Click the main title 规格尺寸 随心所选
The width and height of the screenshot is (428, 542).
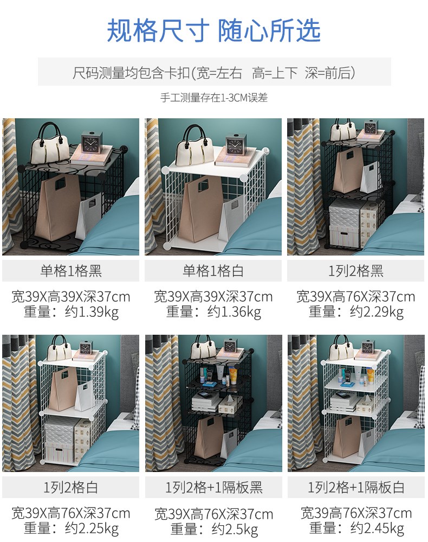pyautogui.click(x=213, y=30)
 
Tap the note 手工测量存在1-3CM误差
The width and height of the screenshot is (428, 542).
pyautogui.click(x=214, y=98)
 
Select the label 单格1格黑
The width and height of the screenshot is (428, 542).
pyautogui.click(x=71, y=271)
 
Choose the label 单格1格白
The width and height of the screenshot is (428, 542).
pyautogui.click(x=213, y=271)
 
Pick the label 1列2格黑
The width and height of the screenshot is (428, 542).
pyautogui.click(x=356, y=271)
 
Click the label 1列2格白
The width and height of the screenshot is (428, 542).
pyautogui.click(x=71, y=487)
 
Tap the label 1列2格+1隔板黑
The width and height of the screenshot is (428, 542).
pyautogui.click(x=214, y=487)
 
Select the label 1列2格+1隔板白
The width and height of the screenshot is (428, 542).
pyautogui.click(x=356, y=487)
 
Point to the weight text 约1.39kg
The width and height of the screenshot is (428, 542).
pyautogui.click(x=92, y=312)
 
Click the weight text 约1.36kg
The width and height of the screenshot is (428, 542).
pyautogui.click(x=235, y=312)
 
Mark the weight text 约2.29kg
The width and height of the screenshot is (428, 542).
pyautogui.click(x=377, y=312)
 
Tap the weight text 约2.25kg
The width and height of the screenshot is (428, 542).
pyautogui.click(x=92, y=529)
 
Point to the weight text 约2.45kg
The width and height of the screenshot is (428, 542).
pyautogui.click(x=378, y=529)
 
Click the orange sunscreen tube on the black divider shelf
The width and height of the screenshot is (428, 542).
pyautogui.click(x=233, y=375)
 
